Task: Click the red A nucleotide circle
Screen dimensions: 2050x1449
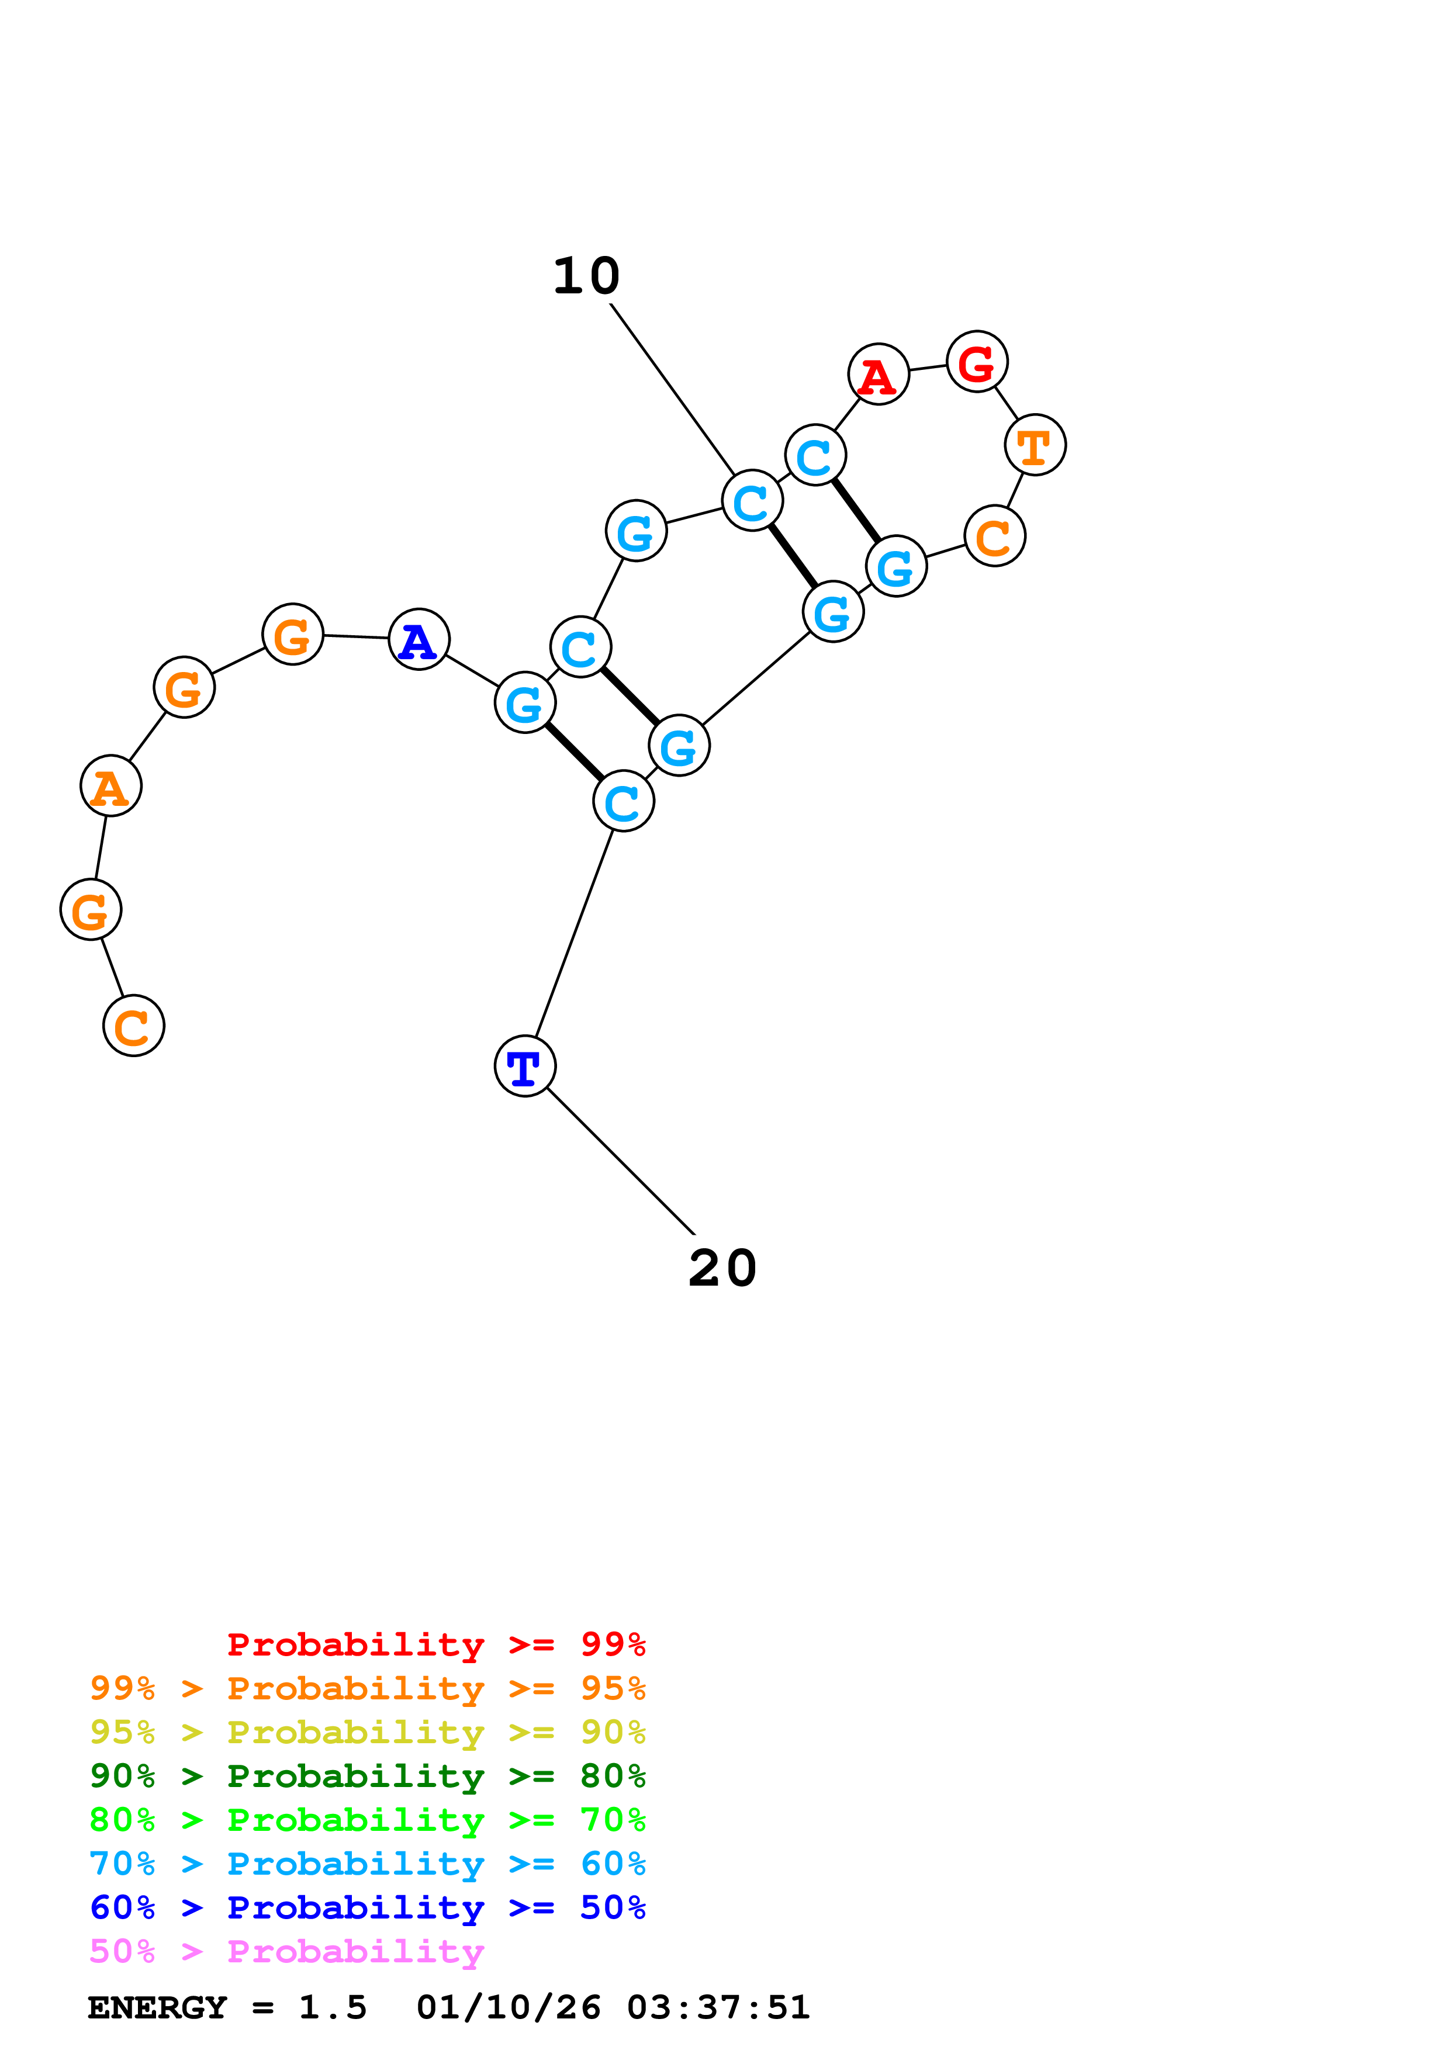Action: point(879,374)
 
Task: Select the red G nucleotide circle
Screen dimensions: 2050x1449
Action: point(977,362)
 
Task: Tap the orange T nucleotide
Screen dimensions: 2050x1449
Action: point(1035,445)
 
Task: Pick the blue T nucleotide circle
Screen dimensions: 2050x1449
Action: point(525,1066)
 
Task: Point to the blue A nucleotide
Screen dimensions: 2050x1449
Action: point(419,639)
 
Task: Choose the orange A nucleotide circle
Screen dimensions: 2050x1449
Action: point(110,786)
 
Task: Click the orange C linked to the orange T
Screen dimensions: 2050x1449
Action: point(995,536)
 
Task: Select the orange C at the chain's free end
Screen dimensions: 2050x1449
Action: point(134,1026)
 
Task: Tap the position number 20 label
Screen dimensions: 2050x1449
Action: point(722,1268)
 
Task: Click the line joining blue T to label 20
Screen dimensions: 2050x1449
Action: point(621,1161)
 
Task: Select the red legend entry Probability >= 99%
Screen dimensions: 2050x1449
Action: point(435,1644)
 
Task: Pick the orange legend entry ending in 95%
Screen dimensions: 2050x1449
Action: point(367,1688)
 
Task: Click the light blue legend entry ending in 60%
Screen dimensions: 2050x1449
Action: point(367,1864)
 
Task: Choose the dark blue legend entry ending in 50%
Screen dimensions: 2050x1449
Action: point(367,1907)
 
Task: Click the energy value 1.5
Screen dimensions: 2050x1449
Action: point(332,2007)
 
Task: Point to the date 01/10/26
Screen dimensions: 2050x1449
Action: point(508,2007)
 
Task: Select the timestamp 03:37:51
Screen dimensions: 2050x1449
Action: point(718,2007)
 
